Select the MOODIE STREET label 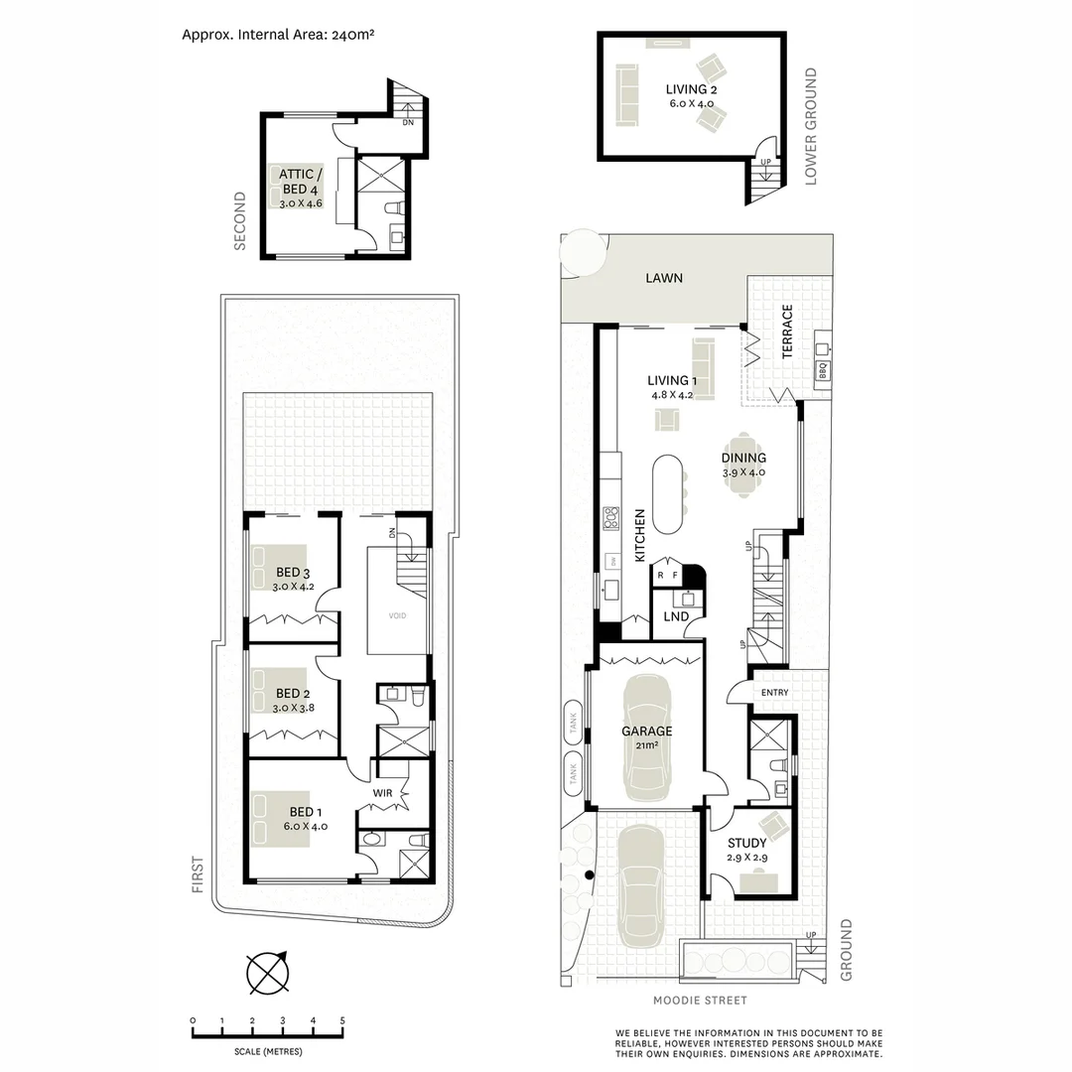[x=700, y=1001]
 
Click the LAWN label [x=664, y=278]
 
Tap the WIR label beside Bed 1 [x=384, y=793]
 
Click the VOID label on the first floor [x=396, y=615]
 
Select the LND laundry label [x=677, y=617]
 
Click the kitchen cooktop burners [x=611, y=519]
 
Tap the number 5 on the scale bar [x=342, y=1020]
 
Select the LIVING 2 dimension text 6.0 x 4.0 [x=691, y=103]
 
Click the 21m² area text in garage [x=646, y=745]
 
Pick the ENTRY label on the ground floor [x=774, y=692]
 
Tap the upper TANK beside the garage [x=573, y=722]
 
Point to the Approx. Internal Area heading [x=277, y=34]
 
